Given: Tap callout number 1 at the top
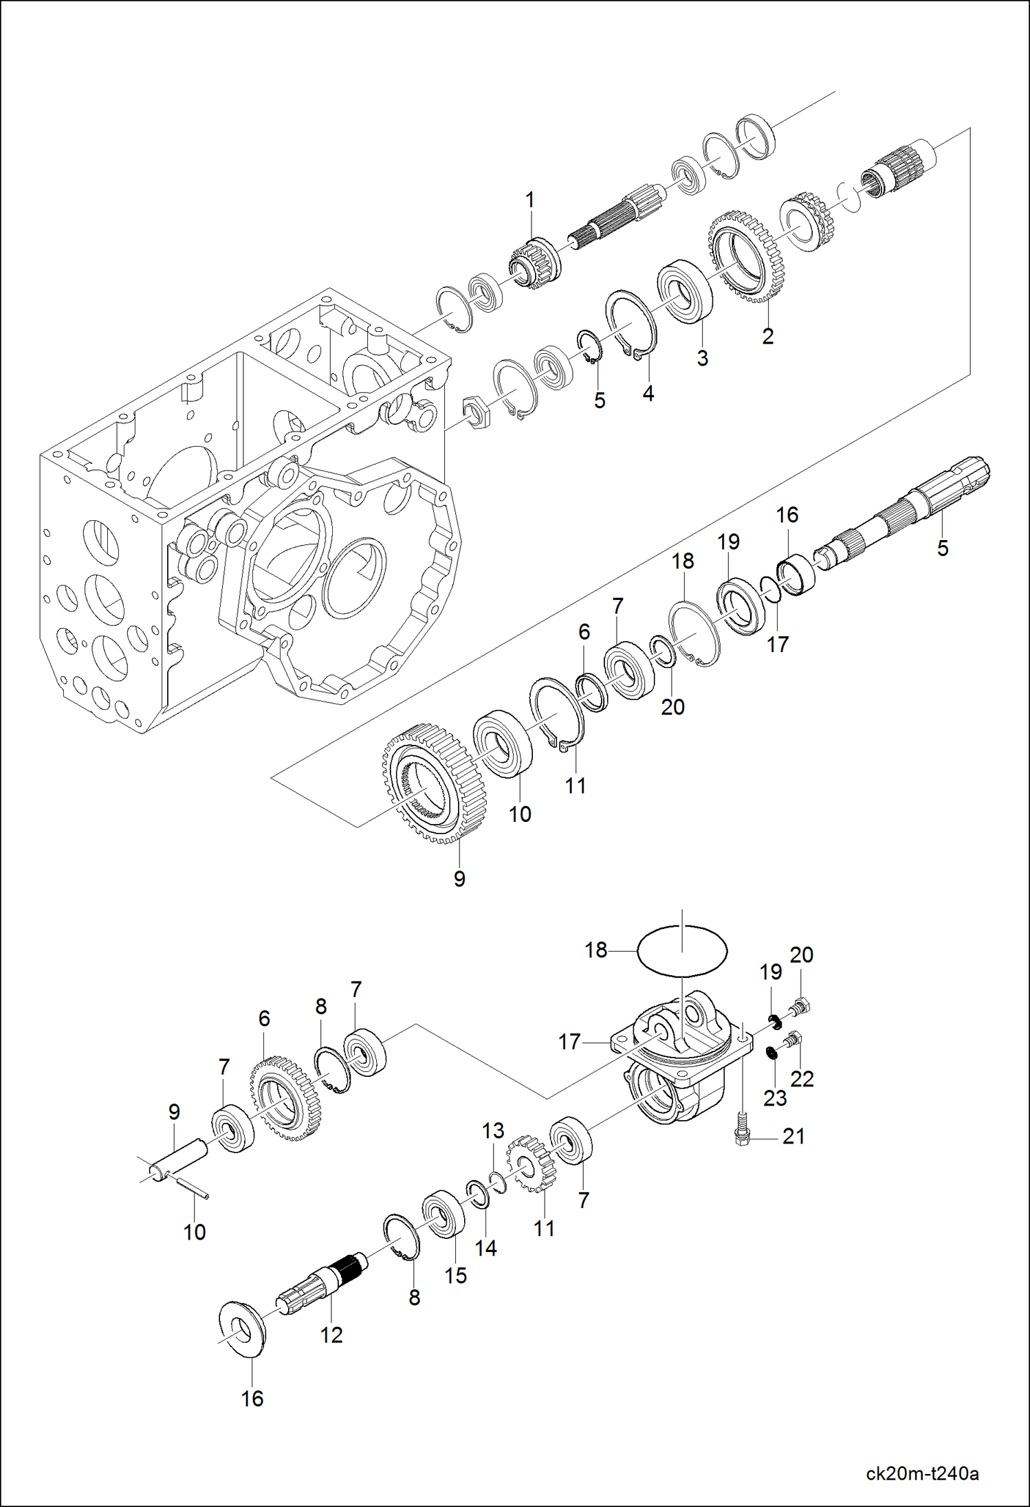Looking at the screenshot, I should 529,200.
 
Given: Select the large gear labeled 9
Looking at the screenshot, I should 434,782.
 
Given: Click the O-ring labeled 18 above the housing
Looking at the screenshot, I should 681,950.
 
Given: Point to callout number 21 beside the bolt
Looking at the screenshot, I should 793,1136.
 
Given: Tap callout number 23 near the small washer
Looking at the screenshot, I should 775,1097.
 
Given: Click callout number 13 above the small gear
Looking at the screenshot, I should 493,1130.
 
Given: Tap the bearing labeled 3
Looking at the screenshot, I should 685,291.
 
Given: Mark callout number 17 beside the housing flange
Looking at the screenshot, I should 569,1042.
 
